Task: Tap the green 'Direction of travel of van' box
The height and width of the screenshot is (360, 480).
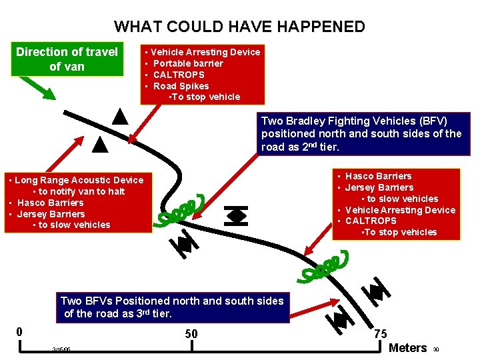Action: [x=67, y=59]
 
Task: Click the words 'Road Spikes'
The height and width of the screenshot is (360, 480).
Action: [x=181, y=86]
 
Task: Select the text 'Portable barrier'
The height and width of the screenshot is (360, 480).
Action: [x=188, y=63]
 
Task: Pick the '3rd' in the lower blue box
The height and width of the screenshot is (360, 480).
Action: [x=143, y=313]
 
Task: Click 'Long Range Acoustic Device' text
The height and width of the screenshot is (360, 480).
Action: [x=79, y=180]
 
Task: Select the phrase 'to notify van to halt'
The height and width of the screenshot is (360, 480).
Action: [x=78, y=191]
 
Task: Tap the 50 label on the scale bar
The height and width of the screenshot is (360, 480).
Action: [x=191, y=333]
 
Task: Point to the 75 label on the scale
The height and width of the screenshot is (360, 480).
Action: [x=381, y=333]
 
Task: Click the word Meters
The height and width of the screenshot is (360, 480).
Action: [x=407, y=347]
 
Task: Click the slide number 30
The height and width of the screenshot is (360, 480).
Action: [x=436, y=349]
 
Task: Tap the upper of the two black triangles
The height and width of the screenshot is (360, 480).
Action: [x=119, y=117]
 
